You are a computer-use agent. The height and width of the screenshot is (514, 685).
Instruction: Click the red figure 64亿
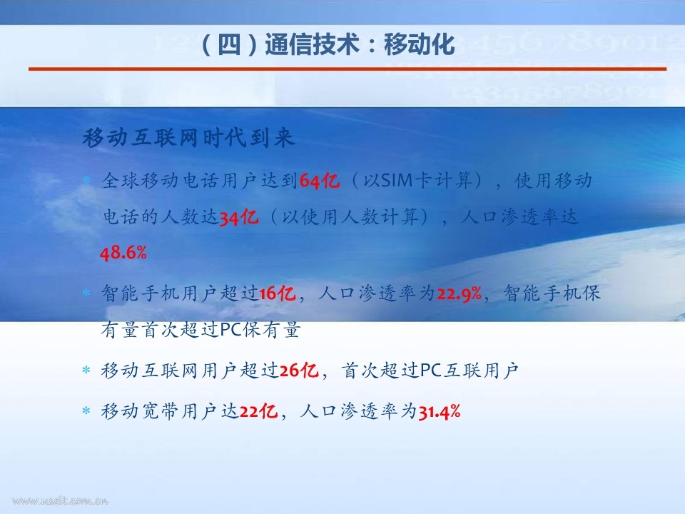[x=320, y=181]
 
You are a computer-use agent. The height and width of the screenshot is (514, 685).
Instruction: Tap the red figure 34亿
[x=238, y=217]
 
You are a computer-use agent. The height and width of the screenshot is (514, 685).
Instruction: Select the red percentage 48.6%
[x=123, y=253]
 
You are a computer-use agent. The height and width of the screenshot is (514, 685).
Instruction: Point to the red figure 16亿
[x=277, y=293]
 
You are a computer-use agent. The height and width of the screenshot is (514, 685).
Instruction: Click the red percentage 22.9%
[x=459, y=293]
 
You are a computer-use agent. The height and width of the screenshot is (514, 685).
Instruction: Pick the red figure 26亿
[x=299, y=371]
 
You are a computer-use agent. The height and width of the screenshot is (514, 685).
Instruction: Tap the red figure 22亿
[x=258, y=411]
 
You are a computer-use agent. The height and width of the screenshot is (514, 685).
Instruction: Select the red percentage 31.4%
[x=440, y=411]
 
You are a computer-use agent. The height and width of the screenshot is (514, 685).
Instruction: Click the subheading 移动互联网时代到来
[x=188, y=138]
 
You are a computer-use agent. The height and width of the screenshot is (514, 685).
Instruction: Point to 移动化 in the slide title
[x=420, y=44]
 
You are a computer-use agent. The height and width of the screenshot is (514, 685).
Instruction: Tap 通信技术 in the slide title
[x=312, y=44]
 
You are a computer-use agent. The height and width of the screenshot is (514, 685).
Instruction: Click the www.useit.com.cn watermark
[x=60, y=500]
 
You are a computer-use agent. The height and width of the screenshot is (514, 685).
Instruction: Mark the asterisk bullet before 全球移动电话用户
[x=86, y=179]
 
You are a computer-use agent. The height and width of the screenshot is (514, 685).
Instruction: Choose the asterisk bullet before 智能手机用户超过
[x=86, y=293]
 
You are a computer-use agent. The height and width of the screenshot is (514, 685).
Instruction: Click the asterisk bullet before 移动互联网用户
[x=86, y=371]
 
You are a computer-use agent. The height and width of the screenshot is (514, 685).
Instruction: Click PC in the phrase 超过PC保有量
[x=231, y=330]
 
